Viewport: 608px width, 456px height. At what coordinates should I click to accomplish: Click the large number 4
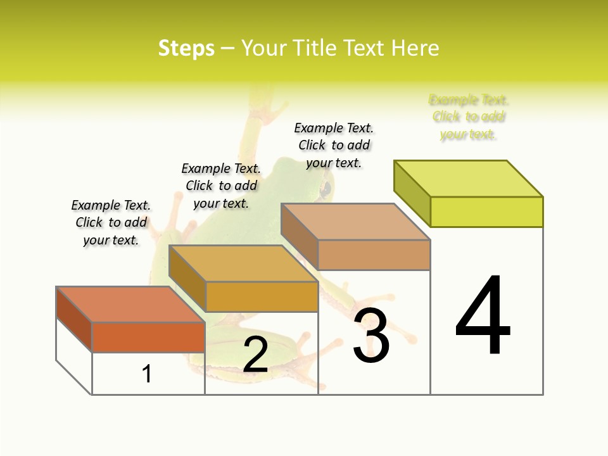click(483, 316)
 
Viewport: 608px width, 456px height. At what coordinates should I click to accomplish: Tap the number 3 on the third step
click(371, 336)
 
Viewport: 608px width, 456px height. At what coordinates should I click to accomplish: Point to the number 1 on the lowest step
click(147, 374)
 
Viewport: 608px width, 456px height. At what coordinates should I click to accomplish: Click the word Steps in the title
click(186, 48)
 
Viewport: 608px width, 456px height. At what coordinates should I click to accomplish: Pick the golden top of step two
click(243, 263)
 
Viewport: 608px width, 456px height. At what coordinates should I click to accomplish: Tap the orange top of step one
click(130, 305)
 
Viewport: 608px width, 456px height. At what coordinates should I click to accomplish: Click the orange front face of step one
click(148, 337)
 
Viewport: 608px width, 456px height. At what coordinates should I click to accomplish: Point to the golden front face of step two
click(262, 296)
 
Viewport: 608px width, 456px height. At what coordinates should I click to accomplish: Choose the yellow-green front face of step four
click(486, 212)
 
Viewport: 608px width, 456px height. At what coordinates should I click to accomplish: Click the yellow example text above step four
click(469, 117)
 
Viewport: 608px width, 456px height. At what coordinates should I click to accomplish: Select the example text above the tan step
click(334, 145)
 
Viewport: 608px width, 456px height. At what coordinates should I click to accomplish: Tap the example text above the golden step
click(221, 186)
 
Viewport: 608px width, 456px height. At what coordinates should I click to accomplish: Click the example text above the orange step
click(111, 222)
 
